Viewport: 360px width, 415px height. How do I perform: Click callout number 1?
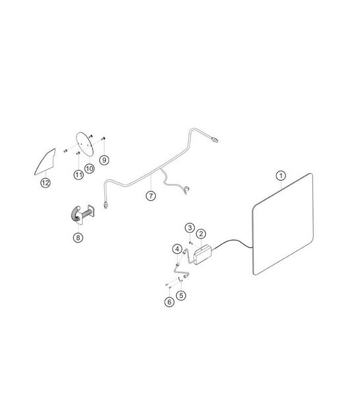click(x=281, y=176)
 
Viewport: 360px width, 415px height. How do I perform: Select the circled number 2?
click(x=201, y=234)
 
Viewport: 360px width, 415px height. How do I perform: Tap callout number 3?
click(x=190, y=227)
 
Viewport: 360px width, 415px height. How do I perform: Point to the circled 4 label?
click(x=177, y=249)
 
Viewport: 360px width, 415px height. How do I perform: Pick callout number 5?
click(x=181, y=295)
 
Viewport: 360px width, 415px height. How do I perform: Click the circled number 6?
click(x=169, y=302)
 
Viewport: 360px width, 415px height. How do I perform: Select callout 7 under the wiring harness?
click(x=151, y=196)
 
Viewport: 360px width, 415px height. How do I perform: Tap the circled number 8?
click(x=78, y=237)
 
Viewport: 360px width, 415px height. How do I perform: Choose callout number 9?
click(x=104, y=160)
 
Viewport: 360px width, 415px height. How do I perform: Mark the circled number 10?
click(x=89, y=169)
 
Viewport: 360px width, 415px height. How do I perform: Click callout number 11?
click(x=79, y=174)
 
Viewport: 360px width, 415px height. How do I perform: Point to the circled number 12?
click(x=46, y=182)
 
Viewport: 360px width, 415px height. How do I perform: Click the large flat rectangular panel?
click(x=283, y=225)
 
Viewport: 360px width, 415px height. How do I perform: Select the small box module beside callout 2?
click(x=203, y=254)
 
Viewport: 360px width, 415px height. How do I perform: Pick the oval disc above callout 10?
click(x=85, y=145)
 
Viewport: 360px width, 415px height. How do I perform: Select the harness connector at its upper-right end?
click(x=215, y=139)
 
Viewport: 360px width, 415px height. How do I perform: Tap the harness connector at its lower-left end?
click(x=106, y=205)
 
